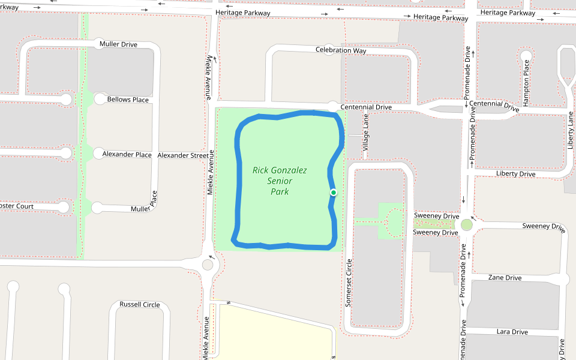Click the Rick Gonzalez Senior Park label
280,181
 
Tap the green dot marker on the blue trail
333,192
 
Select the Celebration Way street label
341,50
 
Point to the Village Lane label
366,133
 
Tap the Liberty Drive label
515,174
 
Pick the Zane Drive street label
505,278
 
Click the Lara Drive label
512,332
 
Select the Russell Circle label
140,304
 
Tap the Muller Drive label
118,44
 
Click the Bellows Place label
128,100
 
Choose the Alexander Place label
127,154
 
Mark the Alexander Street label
183,155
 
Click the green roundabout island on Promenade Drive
466,225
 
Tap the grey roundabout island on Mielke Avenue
208,265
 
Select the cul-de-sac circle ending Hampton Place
526,56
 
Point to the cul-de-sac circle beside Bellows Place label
98,99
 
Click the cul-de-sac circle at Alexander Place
98,154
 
